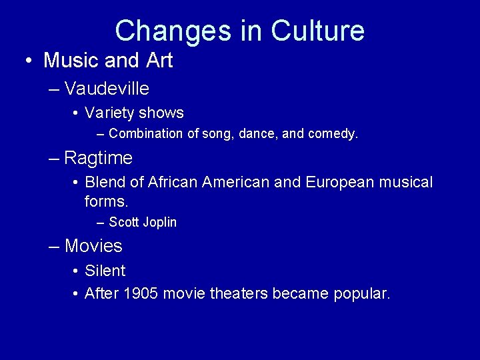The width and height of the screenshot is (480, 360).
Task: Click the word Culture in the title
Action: pos(318,31)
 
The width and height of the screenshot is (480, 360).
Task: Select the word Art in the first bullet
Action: pos(159,61)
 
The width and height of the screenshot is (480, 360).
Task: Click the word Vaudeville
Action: pos(107,88)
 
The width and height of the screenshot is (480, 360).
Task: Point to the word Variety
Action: pos(110,113)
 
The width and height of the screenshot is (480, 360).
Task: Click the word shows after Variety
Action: pos(162,113)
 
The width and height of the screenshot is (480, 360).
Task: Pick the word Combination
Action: pos(146,133)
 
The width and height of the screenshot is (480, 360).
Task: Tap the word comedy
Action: pos(333,133)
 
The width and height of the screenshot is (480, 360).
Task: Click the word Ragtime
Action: pos(99,158)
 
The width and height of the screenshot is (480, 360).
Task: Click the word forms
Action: pos(106,201)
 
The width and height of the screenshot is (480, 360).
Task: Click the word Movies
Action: pos(93,246)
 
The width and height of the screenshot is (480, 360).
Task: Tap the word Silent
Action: pos(105,271)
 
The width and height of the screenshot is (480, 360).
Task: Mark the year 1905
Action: pos(141,293)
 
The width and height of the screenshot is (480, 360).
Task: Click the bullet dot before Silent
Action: pos(77,271)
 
